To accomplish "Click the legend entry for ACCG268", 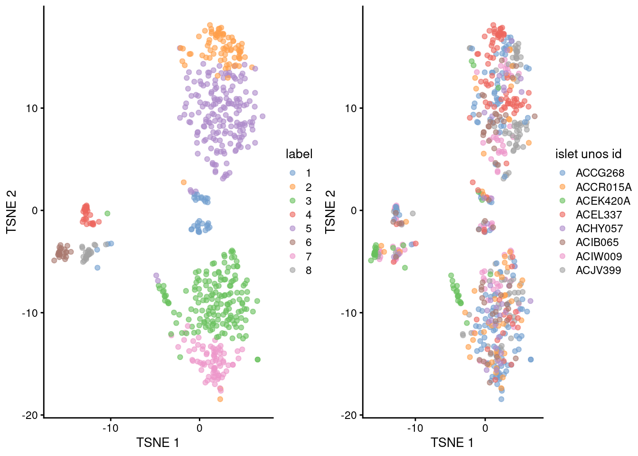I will tap(600, 173).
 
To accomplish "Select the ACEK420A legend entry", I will tap(602, 201).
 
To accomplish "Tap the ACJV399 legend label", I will tap(598, 271).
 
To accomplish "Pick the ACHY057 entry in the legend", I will tap(599, 228).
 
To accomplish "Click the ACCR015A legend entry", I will tap(603, 187).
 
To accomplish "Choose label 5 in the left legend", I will tap(308, 228).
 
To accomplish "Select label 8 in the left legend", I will tap(308, 270).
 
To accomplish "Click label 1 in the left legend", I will tap(308, 173).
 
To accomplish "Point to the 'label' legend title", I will tap(299, 154).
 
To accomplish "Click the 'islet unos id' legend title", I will tap(588, 154).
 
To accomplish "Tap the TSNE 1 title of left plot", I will tap(158, 443).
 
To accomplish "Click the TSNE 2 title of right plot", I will tap(330, 212).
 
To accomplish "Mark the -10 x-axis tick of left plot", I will tap(111, 428).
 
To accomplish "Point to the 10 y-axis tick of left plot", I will tap(31, 108).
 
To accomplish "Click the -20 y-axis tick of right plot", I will tap(350, 415).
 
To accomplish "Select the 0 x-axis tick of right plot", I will tap(485, 428).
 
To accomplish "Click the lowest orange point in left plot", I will tap(220, 399).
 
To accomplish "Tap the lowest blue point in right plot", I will tap(501, 399).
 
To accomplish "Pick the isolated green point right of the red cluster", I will tap(107, 213).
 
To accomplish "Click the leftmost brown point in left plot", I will tap(54, 260).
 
